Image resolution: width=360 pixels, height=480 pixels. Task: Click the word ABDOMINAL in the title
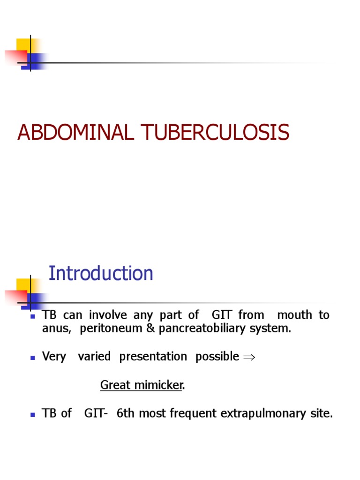coord(75,133)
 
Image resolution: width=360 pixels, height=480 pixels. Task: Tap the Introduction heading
coord(101,273)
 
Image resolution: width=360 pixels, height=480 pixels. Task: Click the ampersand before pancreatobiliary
coord(150,329)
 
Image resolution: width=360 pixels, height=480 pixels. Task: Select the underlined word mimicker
coord(158,385)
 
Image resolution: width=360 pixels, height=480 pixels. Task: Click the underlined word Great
coord(115,385)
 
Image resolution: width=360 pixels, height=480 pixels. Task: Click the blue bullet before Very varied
coord(33,357)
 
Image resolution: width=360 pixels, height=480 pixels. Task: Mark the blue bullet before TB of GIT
coord(33,414)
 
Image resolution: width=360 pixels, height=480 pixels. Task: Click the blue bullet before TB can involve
coord(33,316)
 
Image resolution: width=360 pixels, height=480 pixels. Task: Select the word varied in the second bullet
coord(94,356)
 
